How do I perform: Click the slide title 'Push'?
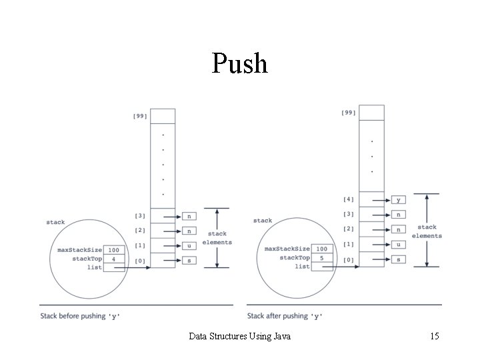click(x=240, y=63)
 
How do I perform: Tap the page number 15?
click(x=434, y=337)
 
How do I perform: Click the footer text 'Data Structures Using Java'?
click(x=240, y=337)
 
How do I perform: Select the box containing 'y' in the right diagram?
click(x=399, y=199)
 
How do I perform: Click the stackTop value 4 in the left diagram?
click(x=114, y=258)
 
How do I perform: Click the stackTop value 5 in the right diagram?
click(x=321, y=257)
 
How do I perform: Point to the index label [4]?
click(x=349, y=199)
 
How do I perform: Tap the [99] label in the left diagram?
click(x=140, y=117)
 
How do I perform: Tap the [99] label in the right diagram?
click(x=349, y=113)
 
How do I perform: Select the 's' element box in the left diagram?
click(x=189, y=260)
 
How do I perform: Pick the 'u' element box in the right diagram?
click(x=399, y=244)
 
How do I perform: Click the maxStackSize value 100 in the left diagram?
click(x=114, y=249)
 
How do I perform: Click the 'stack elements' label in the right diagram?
click(x=427, y=231)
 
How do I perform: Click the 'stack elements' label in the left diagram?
click(x=217, y=238)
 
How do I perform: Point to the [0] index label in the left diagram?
click(x=140, y=260)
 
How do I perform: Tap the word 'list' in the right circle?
click(x=302, y=267)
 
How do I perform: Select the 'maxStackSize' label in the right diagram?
click(x=287, y=249)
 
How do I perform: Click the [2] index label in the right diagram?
click(x=349, y=229)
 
